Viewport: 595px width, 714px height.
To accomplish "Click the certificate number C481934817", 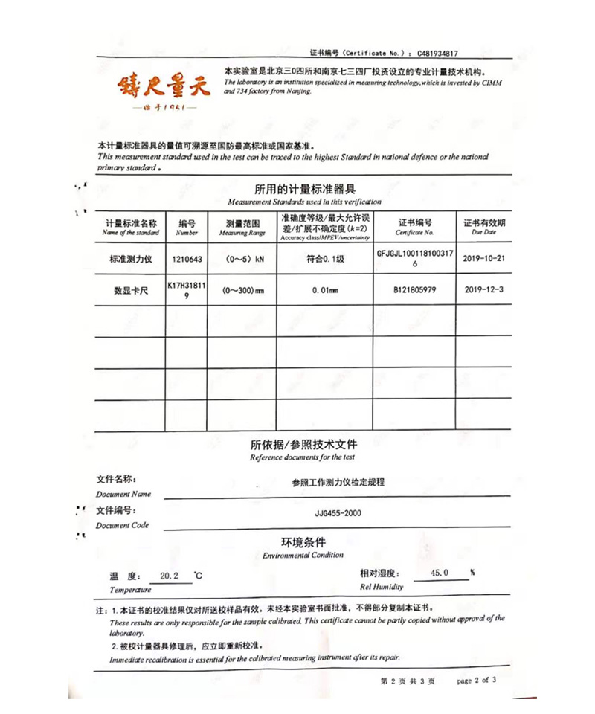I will pos(437,54).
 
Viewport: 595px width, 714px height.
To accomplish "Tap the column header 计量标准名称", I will pos(131,223).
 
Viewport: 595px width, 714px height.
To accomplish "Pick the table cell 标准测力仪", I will pos(131,259).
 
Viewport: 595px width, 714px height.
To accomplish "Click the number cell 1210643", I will pos(186,259).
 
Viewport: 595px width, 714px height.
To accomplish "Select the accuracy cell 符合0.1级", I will pos(325,259).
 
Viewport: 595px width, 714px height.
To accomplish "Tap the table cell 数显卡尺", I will pos(131,291).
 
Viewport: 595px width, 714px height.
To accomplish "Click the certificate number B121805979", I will pos(414,291).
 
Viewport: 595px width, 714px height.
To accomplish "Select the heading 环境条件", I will pos(303,542).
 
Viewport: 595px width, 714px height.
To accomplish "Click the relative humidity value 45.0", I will pos(440,573).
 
